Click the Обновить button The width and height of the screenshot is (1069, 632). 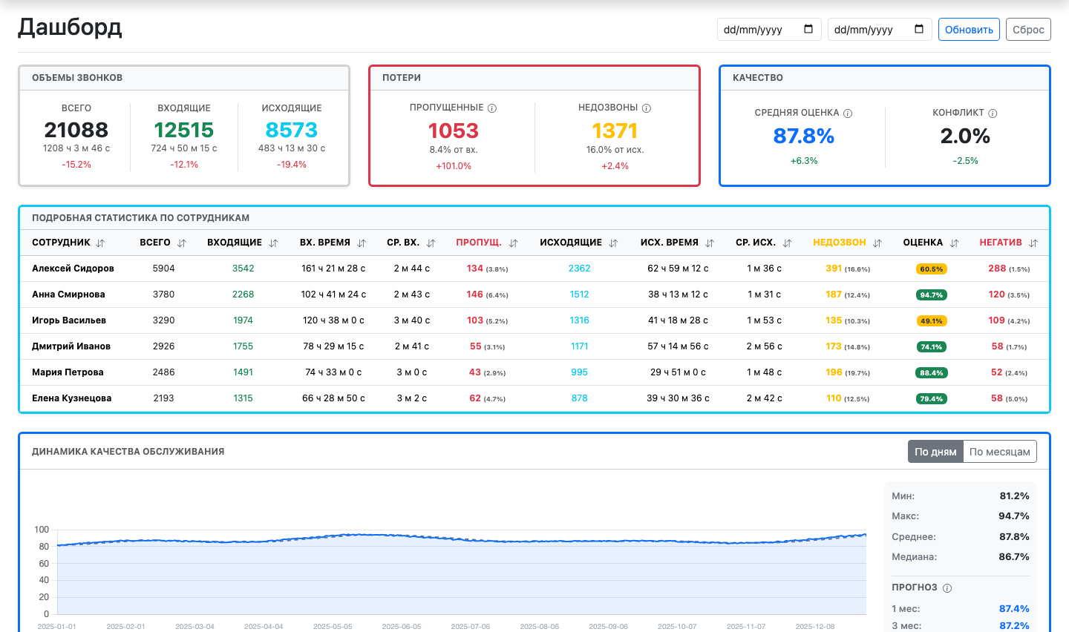pos(969,30)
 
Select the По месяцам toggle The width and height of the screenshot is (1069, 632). pos(1000,452)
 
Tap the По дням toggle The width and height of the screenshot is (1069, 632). pos(935,452)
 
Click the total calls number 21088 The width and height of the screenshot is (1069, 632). pos(76,130)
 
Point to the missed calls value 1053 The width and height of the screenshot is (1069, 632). pos(454,131)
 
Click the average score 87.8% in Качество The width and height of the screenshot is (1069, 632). pos(804,136)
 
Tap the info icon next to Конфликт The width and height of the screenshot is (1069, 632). pos(993,113)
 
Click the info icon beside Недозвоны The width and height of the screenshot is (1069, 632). pos(647,108)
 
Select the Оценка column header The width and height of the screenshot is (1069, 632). pos(923,243)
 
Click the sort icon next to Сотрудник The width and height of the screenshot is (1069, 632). pos(100,243)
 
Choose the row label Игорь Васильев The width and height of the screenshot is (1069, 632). pos(69,320)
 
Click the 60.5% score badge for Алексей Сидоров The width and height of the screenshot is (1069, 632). pos(931,269)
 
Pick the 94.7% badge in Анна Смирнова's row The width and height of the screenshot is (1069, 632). pos(931,294)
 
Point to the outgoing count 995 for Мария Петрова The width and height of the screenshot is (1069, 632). pos(579,372)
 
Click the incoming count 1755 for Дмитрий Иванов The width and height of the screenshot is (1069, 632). pos(243,346)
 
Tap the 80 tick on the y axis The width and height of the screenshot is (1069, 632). pos(44,547)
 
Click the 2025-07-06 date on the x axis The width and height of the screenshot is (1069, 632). pos(471,626)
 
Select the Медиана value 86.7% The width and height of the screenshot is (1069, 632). pos(1014,556)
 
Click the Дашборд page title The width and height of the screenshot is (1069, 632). pos(70,27)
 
